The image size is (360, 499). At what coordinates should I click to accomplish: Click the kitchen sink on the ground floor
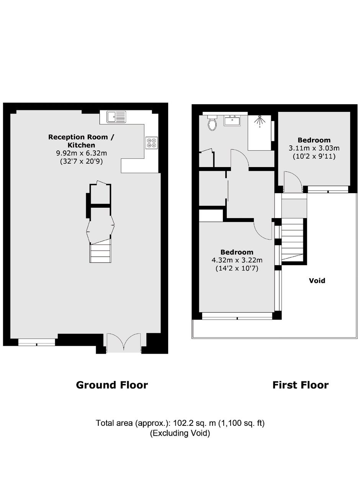point(116,117)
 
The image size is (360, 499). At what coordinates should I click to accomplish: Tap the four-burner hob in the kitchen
point(151,143)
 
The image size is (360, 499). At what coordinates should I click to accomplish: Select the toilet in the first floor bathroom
point(212,123)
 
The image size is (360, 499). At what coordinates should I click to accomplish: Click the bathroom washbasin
point(232,120)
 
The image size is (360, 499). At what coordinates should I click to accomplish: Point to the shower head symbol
point(260,121)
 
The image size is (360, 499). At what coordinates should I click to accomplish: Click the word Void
point(317,281)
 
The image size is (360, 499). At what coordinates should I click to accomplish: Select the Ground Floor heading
point(112,385)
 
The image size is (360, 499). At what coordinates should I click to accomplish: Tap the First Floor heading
point(300,385)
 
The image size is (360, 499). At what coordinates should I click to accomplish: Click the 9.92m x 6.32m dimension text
point(81,153)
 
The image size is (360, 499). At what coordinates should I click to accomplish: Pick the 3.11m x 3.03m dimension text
point(314,148)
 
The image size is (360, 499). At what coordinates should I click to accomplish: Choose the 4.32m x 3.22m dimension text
point(237,260)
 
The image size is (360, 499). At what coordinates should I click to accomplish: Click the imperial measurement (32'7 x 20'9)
point(81,161)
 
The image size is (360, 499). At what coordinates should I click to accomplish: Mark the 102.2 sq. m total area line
point(180,423)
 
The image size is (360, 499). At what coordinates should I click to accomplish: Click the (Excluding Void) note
point(180,433)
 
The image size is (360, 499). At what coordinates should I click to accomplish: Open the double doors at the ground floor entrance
point(124,343)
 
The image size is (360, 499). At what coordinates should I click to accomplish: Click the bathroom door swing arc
point(240,158)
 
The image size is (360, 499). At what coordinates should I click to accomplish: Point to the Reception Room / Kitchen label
point(81,141)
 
